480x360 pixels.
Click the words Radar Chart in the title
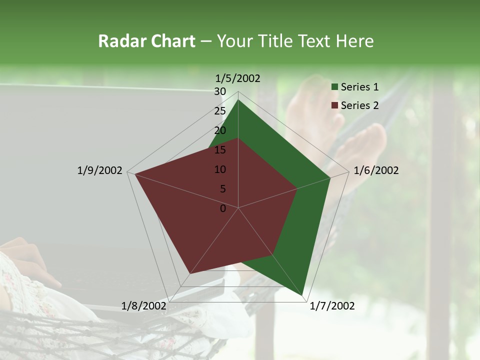pyautogui.click(x=146, y=41)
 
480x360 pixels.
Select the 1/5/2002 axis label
pyautogui.click(x=238, y=78)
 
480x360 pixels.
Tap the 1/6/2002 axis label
pyautogui.click(x=376, y=170)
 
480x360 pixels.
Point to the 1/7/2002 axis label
pyautogui.click(x=332, y=306)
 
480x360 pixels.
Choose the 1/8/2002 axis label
pyautogui.click(x=144, y=306)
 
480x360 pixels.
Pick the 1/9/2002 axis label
pyautogui.click(x=100, y=170)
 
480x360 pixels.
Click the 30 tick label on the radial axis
pyautogui.click(x=220, y=91)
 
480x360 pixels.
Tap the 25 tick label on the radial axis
pyautogui.click(x=220, y=111)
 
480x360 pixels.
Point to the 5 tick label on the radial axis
pyautogui.click(x=222, y=189)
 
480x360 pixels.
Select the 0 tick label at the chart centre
pyautogui.click(x=223, y=208)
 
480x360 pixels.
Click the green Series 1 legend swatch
pyautogui.click(x=334, y=87)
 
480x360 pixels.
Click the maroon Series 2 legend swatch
pyautogui.click(x=334, y=105)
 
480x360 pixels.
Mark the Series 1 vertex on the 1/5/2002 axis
pyautogui.click(x=238, y=99)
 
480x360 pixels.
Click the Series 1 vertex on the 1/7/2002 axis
pyautogui.click(x=302, y=295)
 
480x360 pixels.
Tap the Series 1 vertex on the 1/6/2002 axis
pyautogui.click(x=330, y=177)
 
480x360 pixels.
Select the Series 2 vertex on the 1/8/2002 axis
pyautogui.click(x=190, y=273)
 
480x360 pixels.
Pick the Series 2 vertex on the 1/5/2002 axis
pyautogui.click(x=238, y=138)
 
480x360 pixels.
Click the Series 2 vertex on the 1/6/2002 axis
pyautogui.click(x=297, y=188)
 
